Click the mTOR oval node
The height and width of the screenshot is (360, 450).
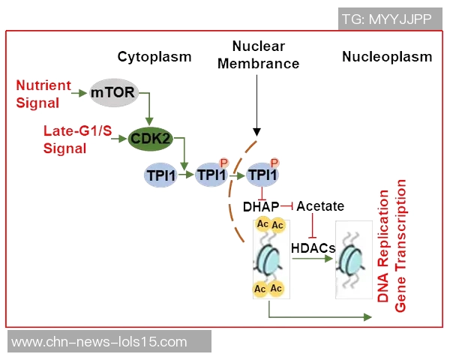(111, 93)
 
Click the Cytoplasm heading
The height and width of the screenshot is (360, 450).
(154, 57)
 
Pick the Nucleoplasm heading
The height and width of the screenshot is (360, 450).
(387, 57)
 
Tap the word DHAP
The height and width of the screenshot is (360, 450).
(261, 206)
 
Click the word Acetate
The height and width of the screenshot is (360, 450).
(320, 206)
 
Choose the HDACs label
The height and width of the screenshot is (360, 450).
(312, 246)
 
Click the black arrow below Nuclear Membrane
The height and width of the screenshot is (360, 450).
(256, 105)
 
